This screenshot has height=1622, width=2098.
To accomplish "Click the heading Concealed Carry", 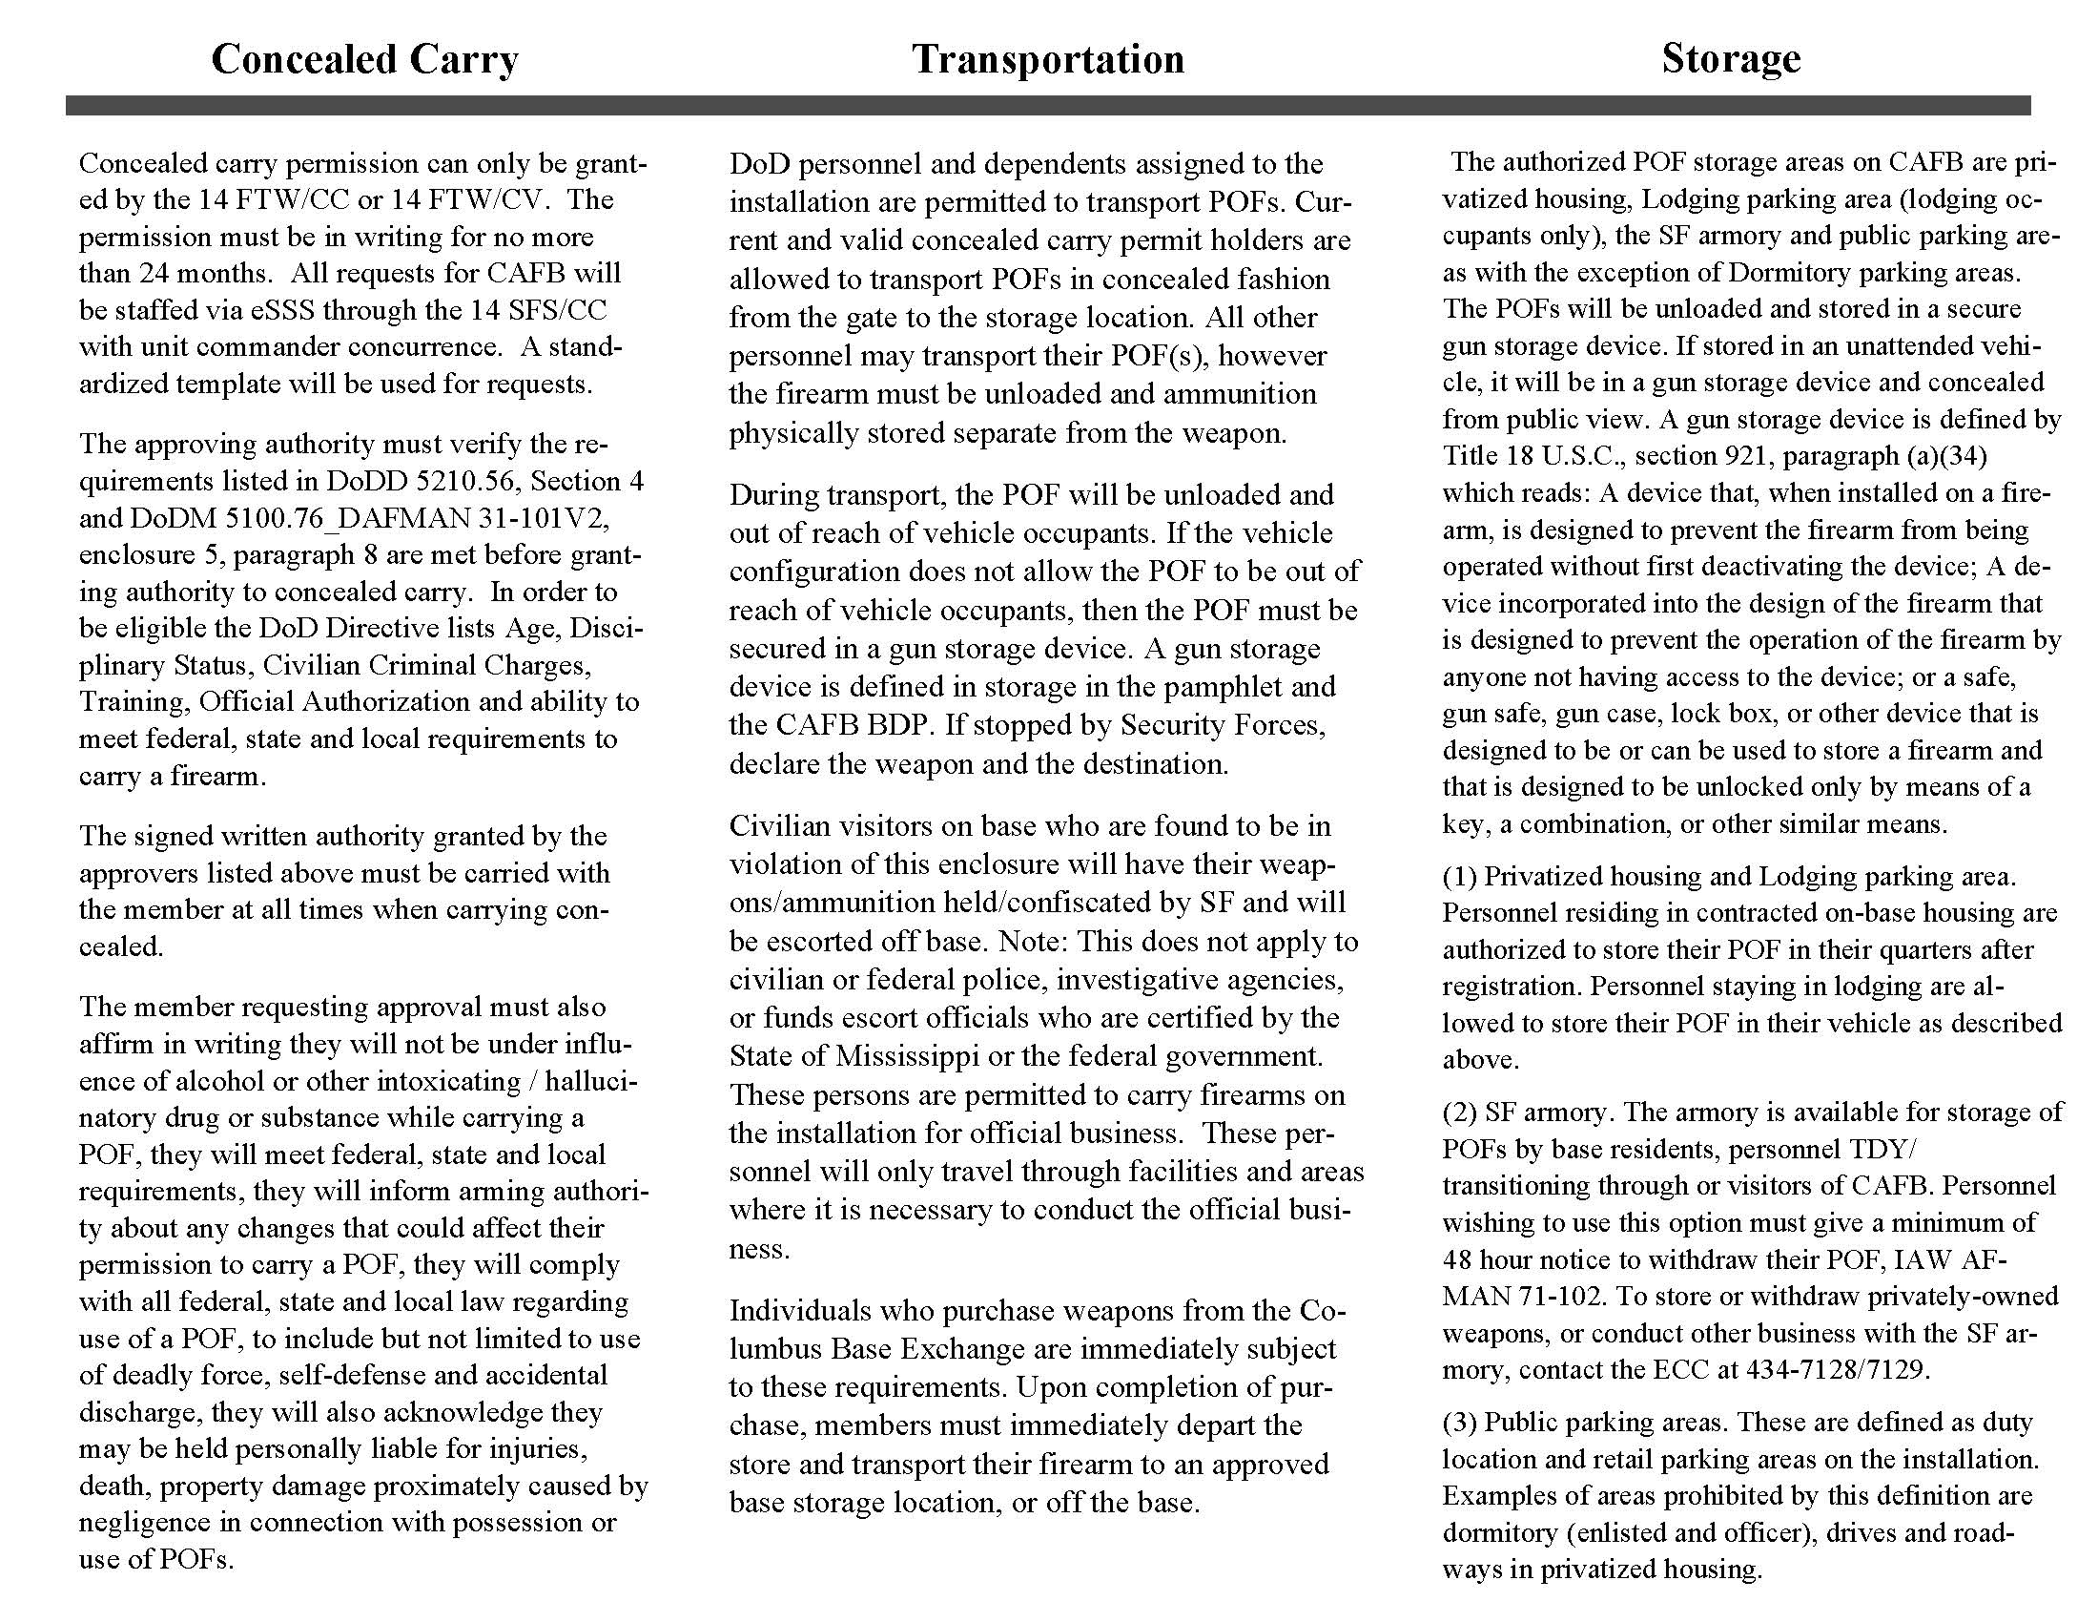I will pyautogui.click(x=364, y=58).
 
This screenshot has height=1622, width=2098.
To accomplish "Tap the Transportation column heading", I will pyautogui.click(x=1048, y=58).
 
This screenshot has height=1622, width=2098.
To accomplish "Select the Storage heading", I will pyautogui.click(x=1730, y=58).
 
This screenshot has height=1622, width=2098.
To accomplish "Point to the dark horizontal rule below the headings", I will pyautogui.click(x=1048, y=106).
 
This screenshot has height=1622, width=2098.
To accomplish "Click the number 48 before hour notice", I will pyautogui.click(x=1458, y=1259).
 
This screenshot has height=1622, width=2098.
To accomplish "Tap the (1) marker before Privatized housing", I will pyautogui.click(x=1459, y=876).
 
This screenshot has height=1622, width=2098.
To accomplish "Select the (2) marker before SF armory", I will pyautogui.click(x=1459, y=1113).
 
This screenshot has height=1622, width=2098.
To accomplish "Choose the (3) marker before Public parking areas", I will pyautogui.click(x=1459, y=1423).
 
